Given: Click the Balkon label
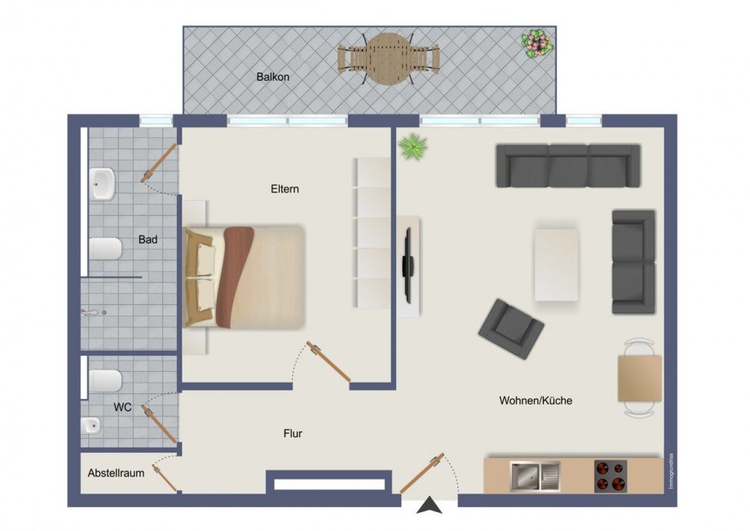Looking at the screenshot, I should tap(273, 77).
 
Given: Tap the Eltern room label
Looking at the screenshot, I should tap(285, 189).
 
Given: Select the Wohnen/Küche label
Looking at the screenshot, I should tap(536, 400).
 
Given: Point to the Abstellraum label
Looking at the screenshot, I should tap(116, 473).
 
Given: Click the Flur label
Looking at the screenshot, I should tap(293, 434).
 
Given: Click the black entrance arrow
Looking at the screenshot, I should tap(430, 507).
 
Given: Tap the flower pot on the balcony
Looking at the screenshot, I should tap(536, 42).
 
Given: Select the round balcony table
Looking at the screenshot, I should tap(389, 59).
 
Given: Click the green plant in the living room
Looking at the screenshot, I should tap(412, 147).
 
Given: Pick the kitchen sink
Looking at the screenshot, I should tap(535, 476).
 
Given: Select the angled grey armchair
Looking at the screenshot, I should tap(511, 328).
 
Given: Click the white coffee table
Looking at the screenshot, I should tap(557, 264).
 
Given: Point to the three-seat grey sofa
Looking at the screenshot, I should tap(568, 166).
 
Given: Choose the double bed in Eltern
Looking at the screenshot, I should tap(245, 277).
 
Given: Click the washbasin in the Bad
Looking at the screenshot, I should tap(103, 184).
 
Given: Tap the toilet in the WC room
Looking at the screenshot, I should tap(105, 380).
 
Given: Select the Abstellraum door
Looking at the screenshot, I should tap(166, 477).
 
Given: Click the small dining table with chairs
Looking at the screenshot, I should tap(639, 378).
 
